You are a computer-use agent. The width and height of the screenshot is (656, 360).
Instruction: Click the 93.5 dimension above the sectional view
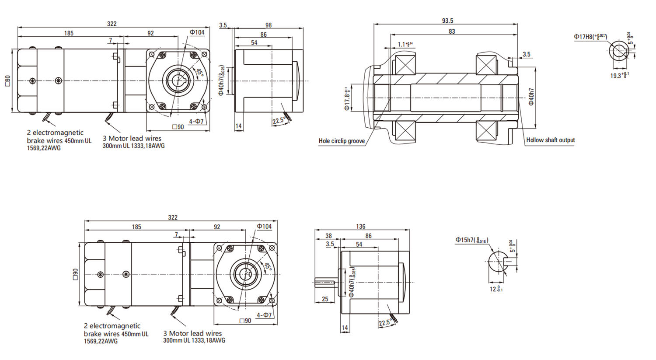click(x=447, y=21)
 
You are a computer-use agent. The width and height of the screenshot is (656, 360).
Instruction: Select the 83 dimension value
click(x=452, y=31)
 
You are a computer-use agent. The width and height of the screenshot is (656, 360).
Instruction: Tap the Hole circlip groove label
click(x=342, y=141)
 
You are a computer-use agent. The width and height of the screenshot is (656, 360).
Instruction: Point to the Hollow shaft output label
click(x=550, y=140)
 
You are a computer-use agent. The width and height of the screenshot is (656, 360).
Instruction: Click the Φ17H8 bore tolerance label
click(x=590, y=37)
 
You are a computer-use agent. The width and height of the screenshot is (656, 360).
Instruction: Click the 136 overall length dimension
click(x=360, y=226)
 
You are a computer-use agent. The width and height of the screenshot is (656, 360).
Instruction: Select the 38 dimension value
click(x=328, y=236)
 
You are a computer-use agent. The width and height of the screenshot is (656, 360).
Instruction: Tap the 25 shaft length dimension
click(x=325, y=299)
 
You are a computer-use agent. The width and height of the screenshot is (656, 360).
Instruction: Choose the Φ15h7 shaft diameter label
click(x=471, y=240)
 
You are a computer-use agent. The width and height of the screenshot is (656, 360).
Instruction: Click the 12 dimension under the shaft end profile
click(x=496, y=289)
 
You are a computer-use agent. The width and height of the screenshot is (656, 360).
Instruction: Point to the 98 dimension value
click(x=269, y=25)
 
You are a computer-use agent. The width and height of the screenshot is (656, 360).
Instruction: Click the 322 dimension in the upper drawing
click(x=112, y=24)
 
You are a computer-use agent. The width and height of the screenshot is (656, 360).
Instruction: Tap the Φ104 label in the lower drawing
click(x=264, y=226)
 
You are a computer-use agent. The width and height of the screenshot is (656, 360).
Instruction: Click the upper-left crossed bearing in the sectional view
click(x=405, y=65)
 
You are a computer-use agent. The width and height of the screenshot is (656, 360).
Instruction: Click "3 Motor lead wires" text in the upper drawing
click(x=132, y=138)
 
